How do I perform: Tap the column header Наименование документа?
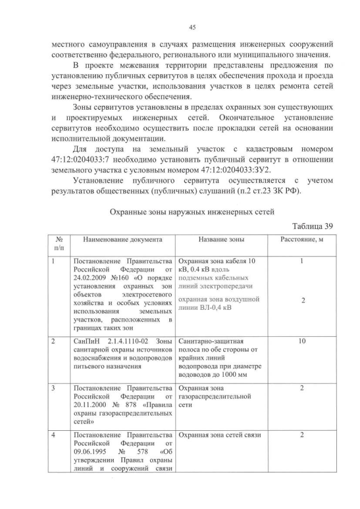click(122, 240)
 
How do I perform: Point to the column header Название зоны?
click(221, 240)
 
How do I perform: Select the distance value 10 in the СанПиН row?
click(302, 341)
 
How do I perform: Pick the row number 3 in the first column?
click(53, 388)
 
